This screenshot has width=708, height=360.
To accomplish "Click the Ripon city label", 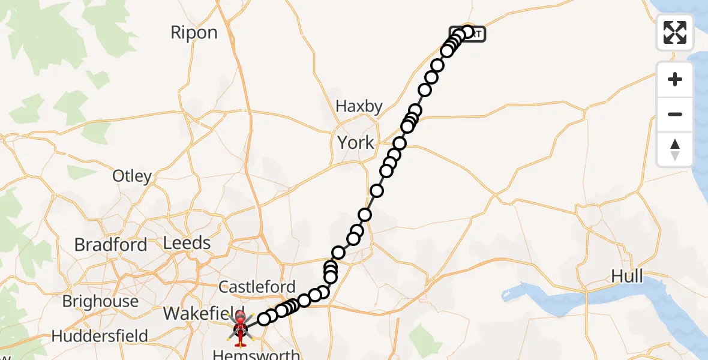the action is click(194, 32).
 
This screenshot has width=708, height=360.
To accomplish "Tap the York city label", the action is click(356, 143).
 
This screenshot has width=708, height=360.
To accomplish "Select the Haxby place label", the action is click(359, 107).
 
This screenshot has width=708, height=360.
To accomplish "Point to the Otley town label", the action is click(132, 176).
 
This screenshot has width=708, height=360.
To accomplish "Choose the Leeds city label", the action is click(187, 243).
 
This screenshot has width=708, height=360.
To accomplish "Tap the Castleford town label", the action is click(257, 287).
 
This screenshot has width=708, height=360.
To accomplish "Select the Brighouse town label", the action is click(100, 301).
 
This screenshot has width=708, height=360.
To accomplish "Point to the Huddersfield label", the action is click(100, 336).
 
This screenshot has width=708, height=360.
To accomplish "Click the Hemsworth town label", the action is click(256, 355).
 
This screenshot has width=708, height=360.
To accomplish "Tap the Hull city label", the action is click(627, 277).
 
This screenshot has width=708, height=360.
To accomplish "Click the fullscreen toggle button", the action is click(675, 32).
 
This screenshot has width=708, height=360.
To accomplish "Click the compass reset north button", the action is click(675, 149).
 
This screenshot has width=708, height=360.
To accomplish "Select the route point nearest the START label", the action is click(468, 32).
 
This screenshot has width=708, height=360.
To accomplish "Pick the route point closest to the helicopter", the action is click(264, 319).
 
